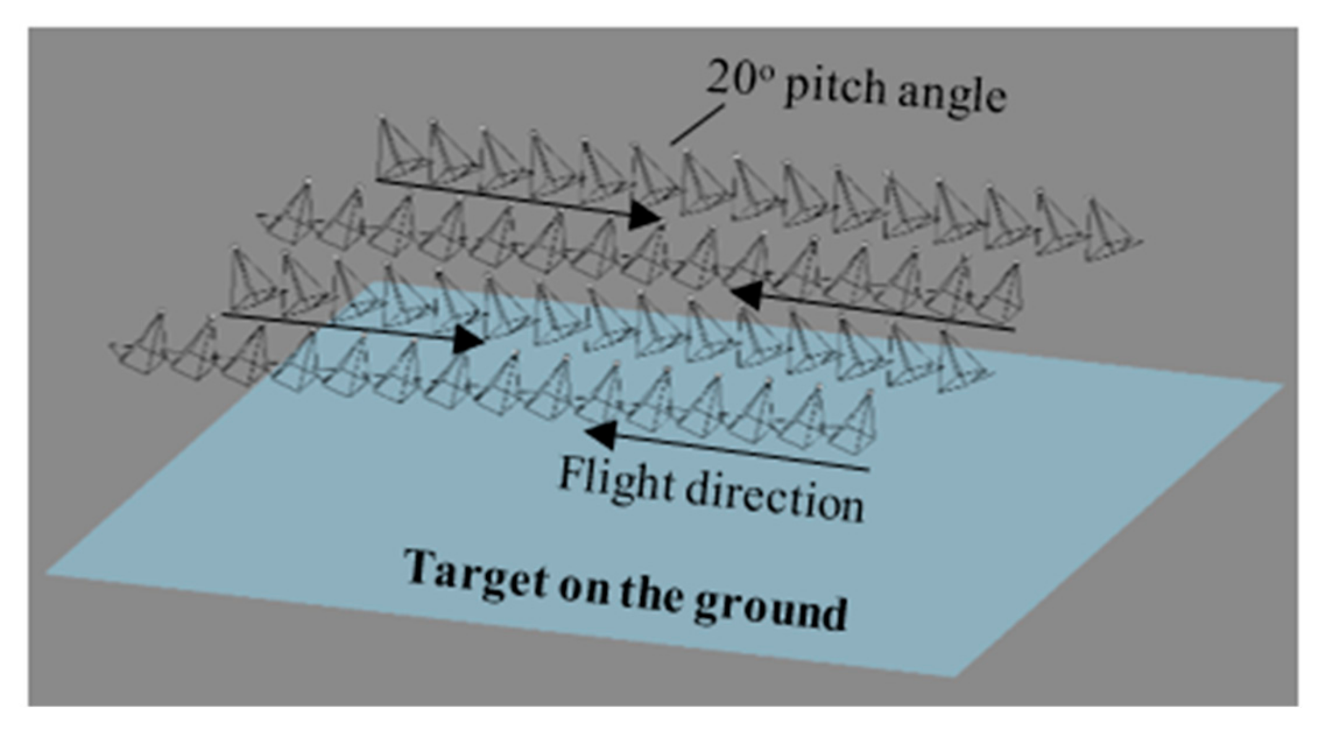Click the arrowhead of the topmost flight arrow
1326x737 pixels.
(644, 214)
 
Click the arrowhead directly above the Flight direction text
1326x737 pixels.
(600, 433)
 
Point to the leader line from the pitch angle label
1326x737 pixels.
(697, 125)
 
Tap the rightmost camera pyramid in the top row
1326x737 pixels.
(1109, 233)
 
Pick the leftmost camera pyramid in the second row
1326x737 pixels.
(291, 214)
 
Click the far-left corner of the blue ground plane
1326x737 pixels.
(48, 573)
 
